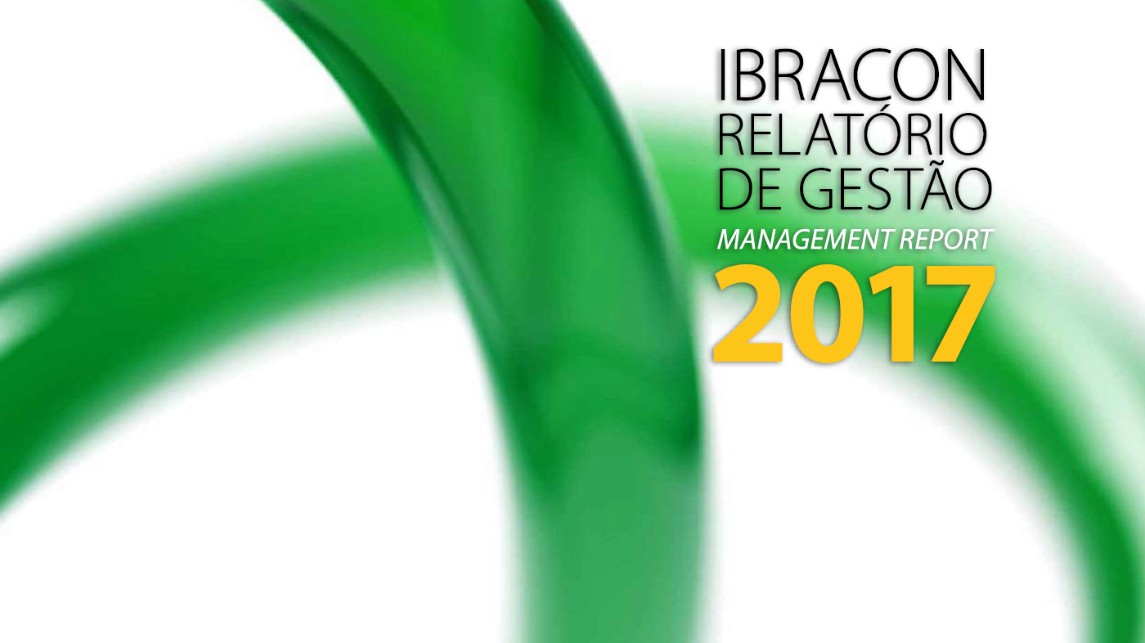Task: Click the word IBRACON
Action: click(851, 74)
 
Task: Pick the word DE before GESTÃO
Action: click(751, 187)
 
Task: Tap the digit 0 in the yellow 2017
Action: click(825, 314)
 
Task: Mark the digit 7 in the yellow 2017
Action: click(961, 315)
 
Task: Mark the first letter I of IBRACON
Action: click(722, 74)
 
